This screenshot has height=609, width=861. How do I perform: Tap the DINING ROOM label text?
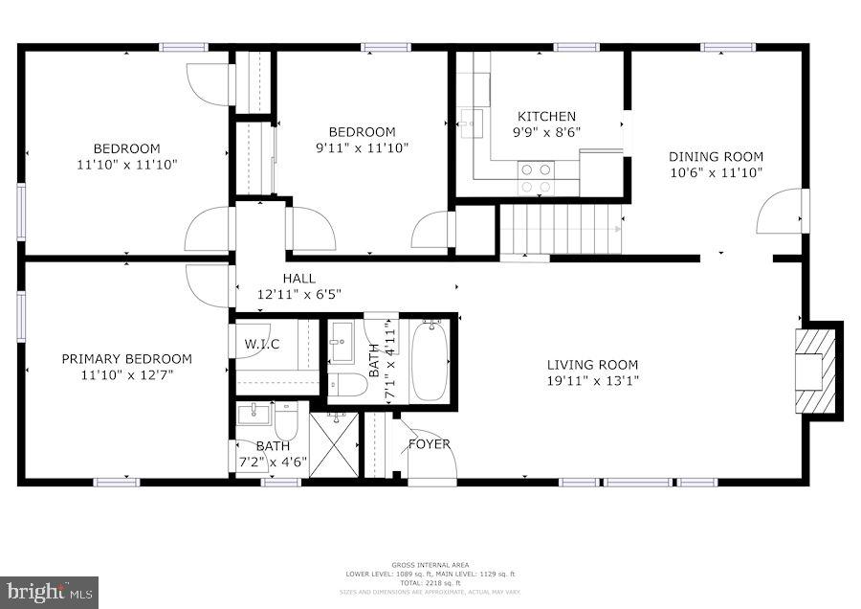pos(716,157)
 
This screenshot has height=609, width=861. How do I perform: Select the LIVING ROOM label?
pos(592,364)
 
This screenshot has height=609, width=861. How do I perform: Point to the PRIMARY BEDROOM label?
pos(126,359)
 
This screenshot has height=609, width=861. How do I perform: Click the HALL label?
pos(298,278)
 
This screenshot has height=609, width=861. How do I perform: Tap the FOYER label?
pos(429,444)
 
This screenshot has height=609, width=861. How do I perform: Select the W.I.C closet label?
pos(261,344)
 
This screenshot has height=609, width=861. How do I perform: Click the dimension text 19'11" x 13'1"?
pos(592,380)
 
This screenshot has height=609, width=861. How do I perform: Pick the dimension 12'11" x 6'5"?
pos(298,294)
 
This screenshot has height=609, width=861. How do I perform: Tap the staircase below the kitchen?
pos(561,230)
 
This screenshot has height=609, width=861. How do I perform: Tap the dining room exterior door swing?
pos(782,213)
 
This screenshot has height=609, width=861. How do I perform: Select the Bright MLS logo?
pos(50,592)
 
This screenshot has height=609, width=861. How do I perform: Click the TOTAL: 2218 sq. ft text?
pos(430,583)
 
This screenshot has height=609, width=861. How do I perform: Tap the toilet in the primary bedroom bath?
pos(287,419)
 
